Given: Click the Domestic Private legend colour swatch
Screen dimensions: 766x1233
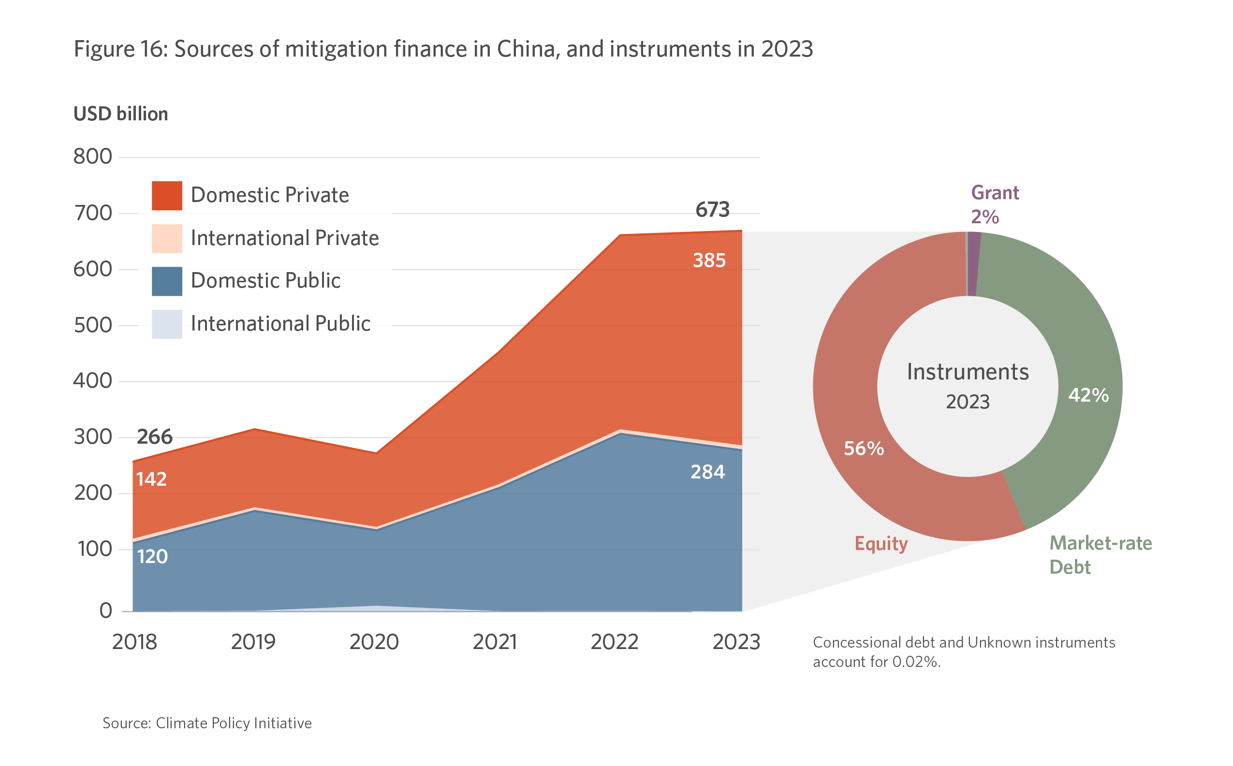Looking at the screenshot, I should click(167, 196).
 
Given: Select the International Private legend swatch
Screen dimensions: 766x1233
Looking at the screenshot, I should click(167, 238).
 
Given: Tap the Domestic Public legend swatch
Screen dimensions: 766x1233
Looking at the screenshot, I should click(167, 281).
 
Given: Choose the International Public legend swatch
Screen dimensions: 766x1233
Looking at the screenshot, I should click(167, 324).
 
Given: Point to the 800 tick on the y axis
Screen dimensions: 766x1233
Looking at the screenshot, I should click(93, 157).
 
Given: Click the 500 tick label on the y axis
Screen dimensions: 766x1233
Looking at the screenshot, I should click(93, 325).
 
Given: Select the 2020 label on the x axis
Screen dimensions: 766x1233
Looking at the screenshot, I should click(374, 642).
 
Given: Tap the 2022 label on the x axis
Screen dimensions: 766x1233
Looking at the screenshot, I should click(614, 642).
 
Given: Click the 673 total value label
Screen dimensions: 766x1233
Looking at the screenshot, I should click(712, 210).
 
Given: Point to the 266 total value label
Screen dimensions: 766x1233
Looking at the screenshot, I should click(155, 437).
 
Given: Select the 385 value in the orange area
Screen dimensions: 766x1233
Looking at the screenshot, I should click(709, 260).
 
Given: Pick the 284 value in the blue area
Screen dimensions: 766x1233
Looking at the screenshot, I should click(707, 472).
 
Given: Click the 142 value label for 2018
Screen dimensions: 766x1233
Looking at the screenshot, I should click(151, 479).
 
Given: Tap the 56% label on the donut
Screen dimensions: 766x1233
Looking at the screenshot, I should click(864, 449).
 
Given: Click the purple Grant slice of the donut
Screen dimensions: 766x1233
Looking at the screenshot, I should click(973, 263).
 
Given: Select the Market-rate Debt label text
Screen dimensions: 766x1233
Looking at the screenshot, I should click(1100, 555).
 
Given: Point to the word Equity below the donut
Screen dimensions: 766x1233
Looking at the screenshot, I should click(881, 544).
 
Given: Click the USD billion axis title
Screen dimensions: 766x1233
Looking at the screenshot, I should click(120, 114).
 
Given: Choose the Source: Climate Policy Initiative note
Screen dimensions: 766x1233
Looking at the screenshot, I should click(207, 723).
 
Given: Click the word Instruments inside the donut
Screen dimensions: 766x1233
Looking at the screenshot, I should click(968, 372).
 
